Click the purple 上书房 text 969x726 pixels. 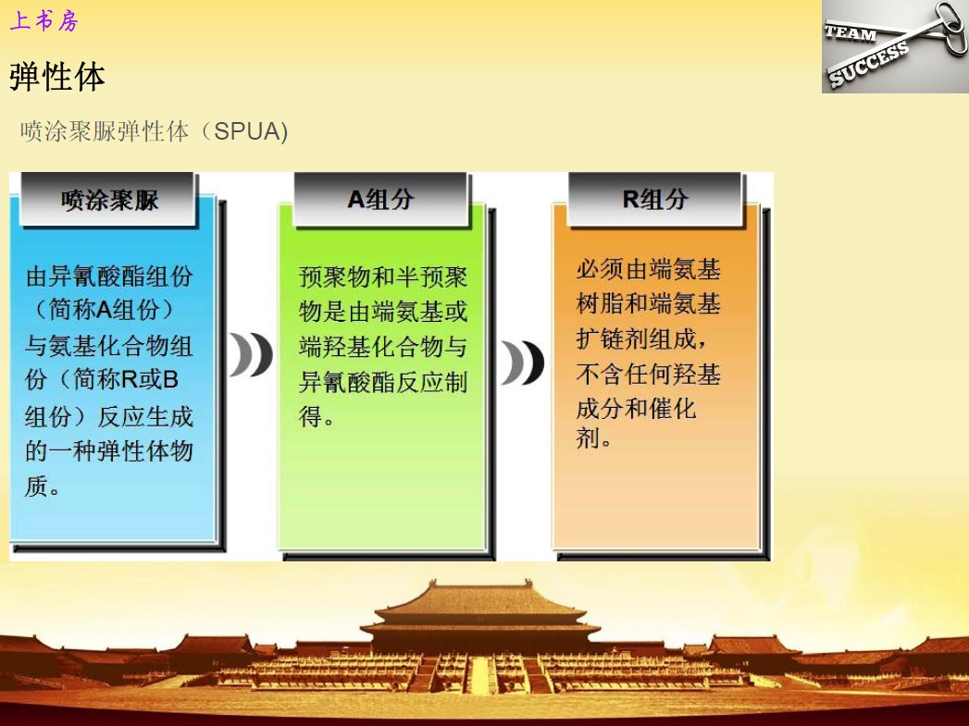click(x=43, y=20)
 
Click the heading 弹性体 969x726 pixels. click(x=56, y=77)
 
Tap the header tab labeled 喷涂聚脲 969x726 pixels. click(x=109, y=200)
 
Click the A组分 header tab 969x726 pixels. click(x=380, y=199)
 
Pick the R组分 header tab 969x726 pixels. click(x=655, y=199)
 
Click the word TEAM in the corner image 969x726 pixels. click(x=851, y=33)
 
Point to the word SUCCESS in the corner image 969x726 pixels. click(x=868, y=63)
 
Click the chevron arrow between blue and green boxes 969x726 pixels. click(x=250, y=354)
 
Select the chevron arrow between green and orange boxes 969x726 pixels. click(x=522, y=363)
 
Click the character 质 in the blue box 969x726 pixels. click(x=36, y=486)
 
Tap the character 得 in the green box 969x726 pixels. click(x=310, y=416)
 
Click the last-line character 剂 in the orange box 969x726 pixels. click(x=588, y=437)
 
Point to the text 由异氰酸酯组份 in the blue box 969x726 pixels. click(x=109, y=276)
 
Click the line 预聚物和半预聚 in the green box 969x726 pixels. click(x=383, y=277)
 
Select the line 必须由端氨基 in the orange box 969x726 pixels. click(x=648, y=269)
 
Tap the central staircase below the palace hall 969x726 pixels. click(x=480, y=674)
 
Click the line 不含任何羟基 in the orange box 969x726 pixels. click(x=648, y=374)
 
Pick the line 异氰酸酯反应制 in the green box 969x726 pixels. click(x=383, y=382)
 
